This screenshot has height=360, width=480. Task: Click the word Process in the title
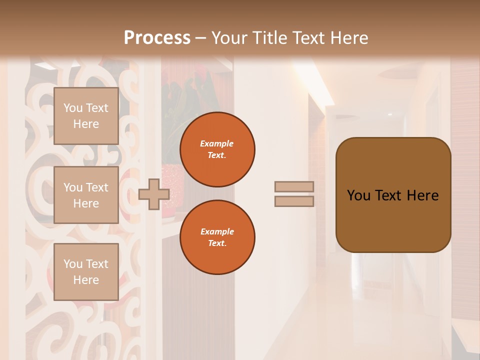pos(157,38)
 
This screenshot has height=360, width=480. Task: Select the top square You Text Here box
pos(86,116)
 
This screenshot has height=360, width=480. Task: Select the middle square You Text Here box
pos(86,195)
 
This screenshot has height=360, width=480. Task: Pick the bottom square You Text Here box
pos(86,271)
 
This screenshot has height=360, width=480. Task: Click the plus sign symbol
pos(154,194)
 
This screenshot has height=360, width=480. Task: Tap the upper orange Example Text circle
pos(217,149)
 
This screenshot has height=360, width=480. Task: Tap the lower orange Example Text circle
pos(217,237)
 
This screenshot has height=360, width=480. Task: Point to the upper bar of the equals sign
pos(294,186)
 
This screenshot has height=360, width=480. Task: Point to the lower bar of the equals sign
pos(294,201)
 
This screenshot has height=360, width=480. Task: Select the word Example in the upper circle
pos(217,143)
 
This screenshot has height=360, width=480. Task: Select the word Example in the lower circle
pos(217,231)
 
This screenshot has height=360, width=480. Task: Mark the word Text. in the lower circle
pos(217,243)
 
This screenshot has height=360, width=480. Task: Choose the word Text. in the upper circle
pos(217,155)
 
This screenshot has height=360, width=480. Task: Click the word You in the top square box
pos(73,108)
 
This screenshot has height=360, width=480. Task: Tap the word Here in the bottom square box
pos(86,280)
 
